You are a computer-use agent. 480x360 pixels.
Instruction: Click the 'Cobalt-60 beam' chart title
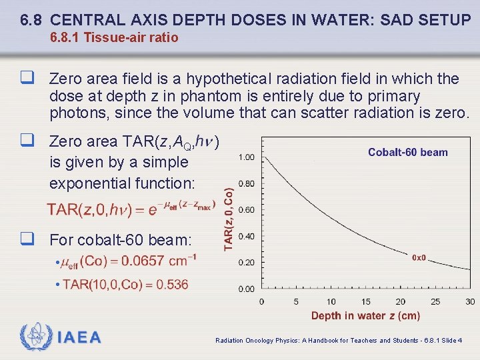point(407,153)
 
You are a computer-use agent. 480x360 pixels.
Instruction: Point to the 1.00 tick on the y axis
point(246,157)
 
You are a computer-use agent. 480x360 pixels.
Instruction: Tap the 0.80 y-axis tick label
point(246,183)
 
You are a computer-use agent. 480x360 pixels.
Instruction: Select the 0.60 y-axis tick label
point(246,210)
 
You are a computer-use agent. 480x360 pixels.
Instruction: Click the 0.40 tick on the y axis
point(246,236)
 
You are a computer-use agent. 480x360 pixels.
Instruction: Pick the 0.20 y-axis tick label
point(246,263)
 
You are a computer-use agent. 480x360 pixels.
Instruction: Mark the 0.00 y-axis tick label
point(246,289)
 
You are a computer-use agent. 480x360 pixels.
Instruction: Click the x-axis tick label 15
point(365,302)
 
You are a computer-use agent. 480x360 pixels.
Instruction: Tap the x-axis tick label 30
point(470,302)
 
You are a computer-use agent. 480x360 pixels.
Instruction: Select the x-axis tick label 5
point(296,302)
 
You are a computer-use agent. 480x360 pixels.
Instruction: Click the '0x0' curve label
point(419,257)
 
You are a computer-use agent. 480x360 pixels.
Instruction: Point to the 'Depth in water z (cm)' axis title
point(365,316)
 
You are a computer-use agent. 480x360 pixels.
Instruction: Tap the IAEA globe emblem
point(35,337)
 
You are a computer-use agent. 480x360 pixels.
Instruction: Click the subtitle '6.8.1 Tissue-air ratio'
point(114,38)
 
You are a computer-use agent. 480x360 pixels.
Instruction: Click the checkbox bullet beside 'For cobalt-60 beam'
point(27,238)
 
